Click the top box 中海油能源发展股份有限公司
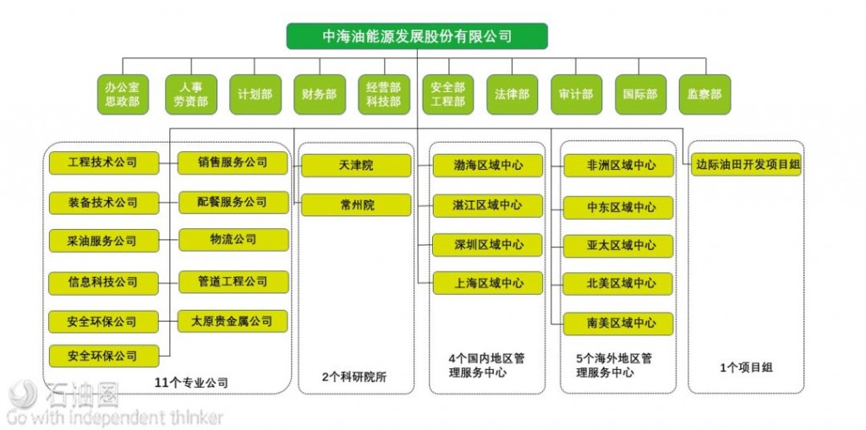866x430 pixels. coord(417,36)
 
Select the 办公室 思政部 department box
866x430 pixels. coord(123,95)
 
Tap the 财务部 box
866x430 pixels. coord(319,95)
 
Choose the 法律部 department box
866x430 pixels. coord(512,95)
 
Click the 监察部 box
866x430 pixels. coord(704,95)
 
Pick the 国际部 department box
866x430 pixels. coord(639,95)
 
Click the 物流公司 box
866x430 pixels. coord(233,240)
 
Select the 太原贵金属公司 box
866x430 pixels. coord(233,321)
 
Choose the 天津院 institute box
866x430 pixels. coord(356,166)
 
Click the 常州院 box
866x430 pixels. coord(356,205)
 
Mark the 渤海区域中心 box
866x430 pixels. coord(488,166)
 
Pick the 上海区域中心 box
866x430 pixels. coord(488,283)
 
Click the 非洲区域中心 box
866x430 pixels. coord(620,166)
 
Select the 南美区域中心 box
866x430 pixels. coord(620,323)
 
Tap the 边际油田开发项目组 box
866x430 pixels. coord(747,166)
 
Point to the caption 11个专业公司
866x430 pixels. coord(191,383)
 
